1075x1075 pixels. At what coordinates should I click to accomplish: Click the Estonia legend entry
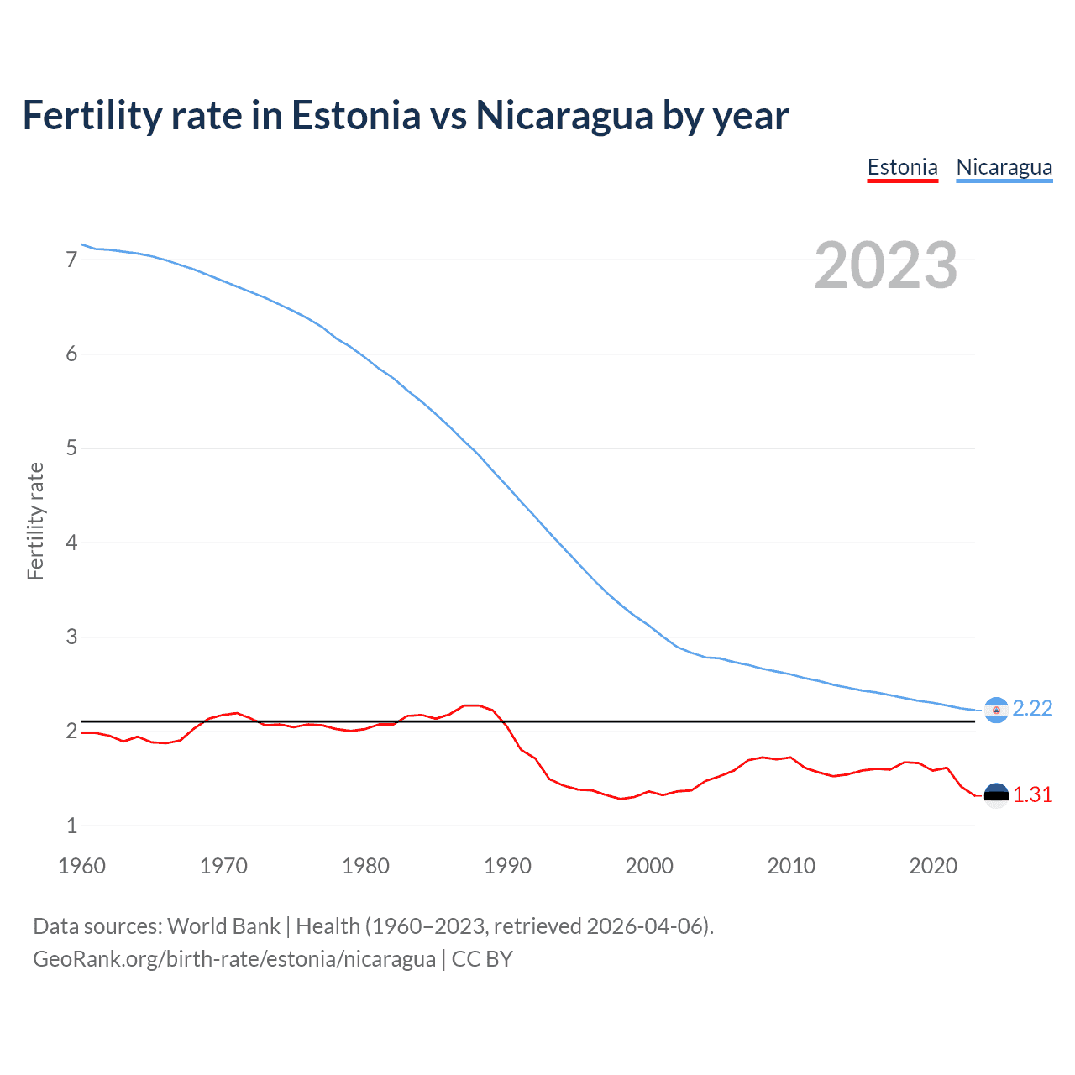click(x=902, y=167)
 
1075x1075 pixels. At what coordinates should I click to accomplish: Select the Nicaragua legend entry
click(x=1004, y=167)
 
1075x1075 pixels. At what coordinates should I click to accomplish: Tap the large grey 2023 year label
click(x=885, y=265)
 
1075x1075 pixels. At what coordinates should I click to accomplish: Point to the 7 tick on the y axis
click(x=71, y=260)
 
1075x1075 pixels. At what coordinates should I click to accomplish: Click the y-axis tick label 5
click(x=71, y=448)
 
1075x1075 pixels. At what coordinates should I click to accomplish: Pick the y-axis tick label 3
click(x=71, y=637)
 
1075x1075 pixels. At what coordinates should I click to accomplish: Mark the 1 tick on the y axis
click(x=71, y=826)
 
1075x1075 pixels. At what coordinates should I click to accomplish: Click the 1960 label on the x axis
click(x=81, y=866)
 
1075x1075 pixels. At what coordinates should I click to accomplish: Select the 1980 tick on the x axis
click(x=365, y=866)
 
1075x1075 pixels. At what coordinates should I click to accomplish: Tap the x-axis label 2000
click(x=649, y=866)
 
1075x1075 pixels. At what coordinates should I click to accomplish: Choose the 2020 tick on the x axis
click(x=933, y=866)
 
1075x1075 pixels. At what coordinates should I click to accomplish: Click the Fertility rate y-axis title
click(x=35, y=521)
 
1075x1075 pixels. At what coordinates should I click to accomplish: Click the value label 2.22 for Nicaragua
click(x=1032, y=709)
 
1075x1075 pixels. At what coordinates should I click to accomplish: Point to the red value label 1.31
click(x=1032, y=794)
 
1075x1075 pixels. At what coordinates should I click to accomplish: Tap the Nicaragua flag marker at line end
click(x=996, y=711)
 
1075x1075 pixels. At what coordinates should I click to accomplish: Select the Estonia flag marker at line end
click(x=996, y=795)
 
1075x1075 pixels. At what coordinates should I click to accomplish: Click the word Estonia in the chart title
click(x=355, y=116)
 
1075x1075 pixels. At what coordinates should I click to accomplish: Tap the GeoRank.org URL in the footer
click(x=234, y=959)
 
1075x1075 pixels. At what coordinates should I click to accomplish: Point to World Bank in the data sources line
click(x=223, y=926)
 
